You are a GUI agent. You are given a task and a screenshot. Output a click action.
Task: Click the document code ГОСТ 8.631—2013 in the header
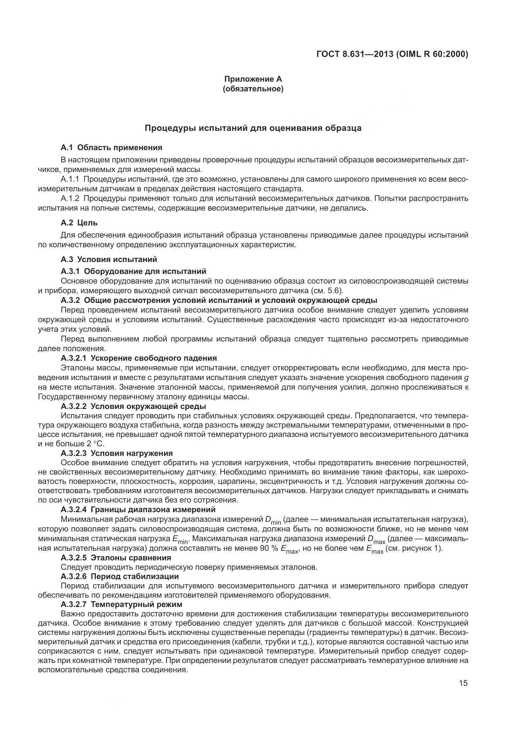[355, 54]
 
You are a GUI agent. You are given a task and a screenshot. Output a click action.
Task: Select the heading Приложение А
[253, 79]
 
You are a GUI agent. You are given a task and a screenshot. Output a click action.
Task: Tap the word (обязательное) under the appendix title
[253, 89]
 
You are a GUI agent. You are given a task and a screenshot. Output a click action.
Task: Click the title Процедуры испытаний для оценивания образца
[253, 128]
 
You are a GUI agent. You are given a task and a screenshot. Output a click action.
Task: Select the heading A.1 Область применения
[111, 147]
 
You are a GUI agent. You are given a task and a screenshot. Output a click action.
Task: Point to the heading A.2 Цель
[79, 223]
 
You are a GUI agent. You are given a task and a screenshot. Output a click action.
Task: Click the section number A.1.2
[70, 198]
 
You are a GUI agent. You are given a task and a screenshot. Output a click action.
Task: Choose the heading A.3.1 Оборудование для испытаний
[133, 271]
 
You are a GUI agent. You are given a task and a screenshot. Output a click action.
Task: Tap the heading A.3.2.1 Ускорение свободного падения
[139, 358]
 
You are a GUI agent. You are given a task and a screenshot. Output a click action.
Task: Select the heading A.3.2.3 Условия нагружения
[117, 453]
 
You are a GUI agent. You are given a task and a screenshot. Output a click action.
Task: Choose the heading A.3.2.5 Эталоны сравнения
[116, 557]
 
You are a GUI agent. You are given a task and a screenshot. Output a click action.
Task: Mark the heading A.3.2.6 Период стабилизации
[120, 576]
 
